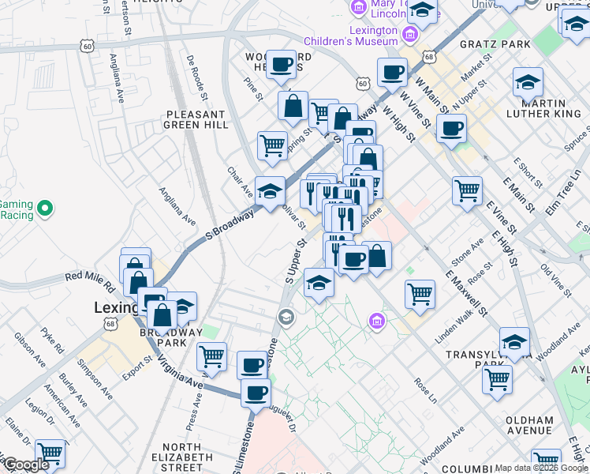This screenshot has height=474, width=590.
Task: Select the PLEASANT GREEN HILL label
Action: coord(196,119)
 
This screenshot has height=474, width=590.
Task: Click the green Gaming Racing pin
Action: coord(46,209)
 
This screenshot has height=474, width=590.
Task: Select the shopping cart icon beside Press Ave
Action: coord(211,357)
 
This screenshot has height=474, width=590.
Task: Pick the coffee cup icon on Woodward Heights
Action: coord(281,66)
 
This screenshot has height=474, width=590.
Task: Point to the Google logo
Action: coord(25,465)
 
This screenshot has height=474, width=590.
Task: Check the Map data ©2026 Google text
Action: coord(542,468)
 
